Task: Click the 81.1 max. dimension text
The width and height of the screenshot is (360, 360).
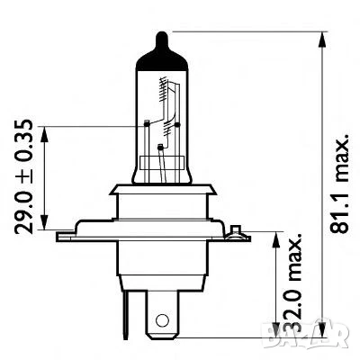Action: click(340, 185)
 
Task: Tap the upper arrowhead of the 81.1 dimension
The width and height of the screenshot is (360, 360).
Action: click(321, 39)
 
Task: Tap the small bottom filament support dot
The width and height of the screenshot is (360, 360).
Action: click(159, 146)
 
